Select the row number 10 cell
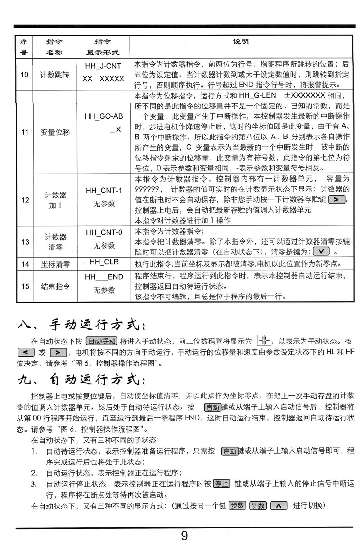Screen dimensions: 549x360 (25, 74)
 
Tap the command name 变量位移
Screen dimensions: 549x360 (55, 132)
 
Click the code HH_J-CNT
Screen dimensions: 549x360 (103, 67)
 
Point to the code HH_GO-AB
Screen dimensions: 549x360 (103, 116)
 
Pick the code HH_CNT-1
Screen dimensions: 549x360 (103, 190)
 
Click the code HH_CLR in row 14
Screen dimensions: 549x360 (103, 262)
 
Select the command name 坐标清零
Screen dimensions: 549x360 (55, 263)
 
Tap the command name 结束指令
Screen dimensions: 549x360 (55, 286)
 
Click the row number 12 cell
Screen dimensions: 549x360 (25, 199)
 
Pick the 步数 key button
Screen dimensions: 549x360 (237, 505)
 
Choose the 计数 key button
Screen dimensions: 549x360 (258, 505)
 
